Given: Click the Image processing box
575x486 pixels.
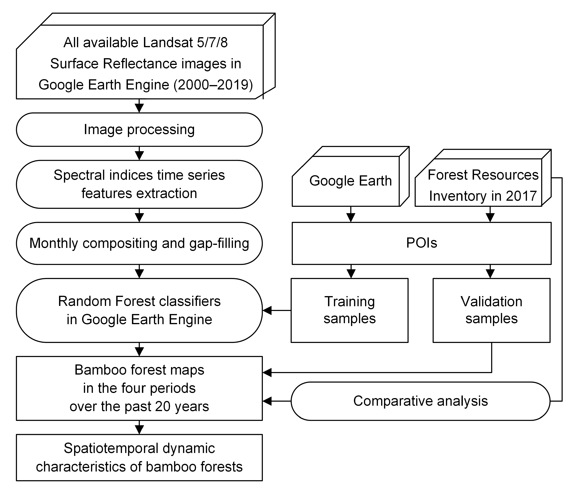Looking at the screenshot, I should [x=139, y=130].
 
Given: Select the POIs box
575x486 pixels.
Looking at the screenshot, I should [x=421, y=243].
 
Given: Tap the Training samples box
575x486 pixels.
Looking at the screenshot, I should [x=349, y=310].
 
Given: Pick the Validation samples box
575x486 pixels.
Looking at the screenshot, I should [x=491, y=310].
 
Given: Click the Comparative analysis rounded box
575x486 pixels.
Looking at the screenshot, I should [x=420, y=401].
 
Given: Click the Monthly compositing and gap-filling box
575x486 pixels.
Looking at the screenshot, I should [x=139, y=243].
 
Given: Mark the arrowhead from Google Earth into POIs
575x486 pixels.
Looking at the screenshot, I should [x=351, y=218].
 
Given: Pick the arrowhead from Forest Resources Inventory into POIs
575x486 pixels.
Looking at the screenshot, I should [x=490, y=218].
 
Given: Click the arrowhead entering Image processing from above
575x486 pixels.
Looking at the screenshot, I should [x=139, y=108].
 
